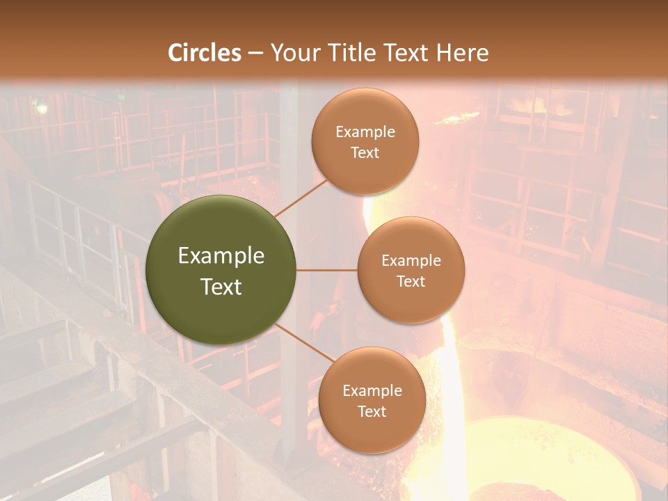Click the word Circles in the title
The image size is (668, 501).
[205, 53]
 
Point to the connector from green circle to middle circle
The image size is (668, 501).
[327, 270]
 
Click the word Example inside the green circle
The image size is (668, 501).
[221, 256]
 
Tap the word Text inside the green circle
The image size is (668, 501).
[221, 287]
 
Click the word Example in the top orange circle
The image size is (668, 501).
[365, 132]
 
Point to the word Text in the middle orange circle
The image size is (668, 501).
[411, 282]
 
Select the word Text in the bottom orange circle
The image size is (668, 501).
[372, 412]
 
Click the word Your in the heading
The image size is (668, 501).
[292, 53]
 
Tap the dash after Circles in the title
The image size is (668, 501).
[255, 54]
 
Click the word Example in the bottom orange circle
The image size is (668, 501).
[372, 391]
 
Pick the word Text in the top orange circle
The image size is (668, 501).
[365, 153]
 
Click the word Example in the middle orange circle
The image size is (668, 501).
[411, 261]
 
